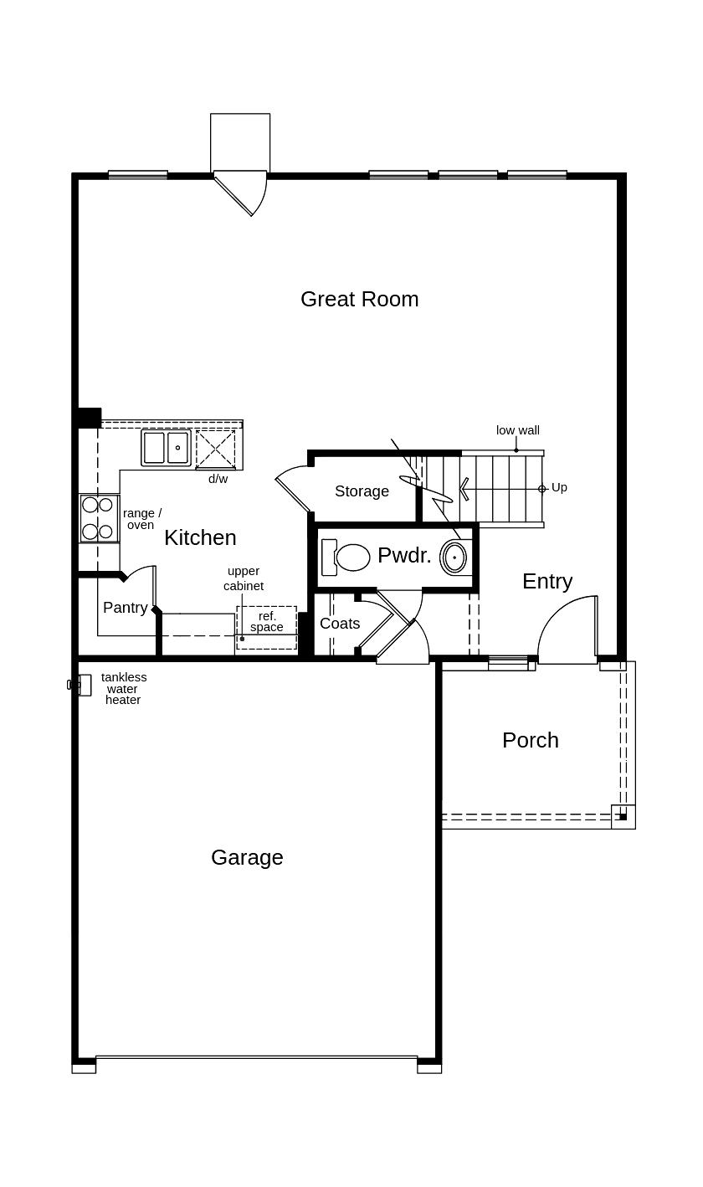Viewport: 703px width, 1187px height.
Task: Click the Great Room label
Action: [x=359, y=300]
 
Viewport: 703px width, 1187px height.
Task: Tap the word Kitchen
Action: [x=200, y=538]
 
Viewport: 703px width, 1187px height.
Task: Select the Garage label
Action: [x=247, y=857]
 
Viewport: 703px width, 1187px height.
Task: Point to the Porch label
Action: [x=531, y=740]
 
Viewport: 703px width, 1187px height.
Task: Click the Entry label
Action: [x=547, y=582]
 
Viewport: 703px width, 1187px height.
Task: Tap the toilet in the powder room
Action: [x=346, y=558]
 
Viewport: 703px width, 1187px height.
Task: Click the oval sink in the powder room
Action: [x=454, y=558]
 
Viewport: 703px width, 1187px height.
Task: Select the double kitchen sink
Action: [x=166, y=448]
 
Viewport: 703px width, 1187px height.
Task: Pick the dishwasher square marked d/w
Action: [x=216, y=450]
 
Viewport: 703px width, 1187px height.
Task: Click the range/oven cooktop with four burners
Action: [x=99, y=518]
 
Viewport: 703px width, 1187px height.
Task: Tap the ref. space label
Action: [x=267, y=622]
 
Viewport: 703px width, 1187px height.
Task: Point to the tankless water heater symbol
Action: [x=80, y=686]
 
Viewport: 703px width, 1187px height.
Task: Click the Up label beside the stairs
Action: [x=559, y=487]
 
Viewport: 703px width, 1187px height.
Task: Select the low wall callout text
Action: [x=517, y=430]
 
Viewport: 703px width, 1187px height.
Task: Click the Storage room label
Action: [x=362, y=491]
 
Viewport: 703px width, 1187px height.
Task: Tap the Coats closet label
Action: [x=340, y=623]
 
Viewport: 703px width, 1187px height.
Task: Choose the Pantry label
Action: [x=125, y=607]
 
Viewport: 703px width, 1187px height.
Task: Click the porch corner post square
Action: [x=623, y=817]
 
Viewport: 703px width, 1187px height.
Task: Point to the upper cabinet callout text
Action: [x=244, y=578]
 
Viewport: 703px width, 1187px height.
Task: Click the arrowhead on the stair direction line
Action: [x=464, y=489]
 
